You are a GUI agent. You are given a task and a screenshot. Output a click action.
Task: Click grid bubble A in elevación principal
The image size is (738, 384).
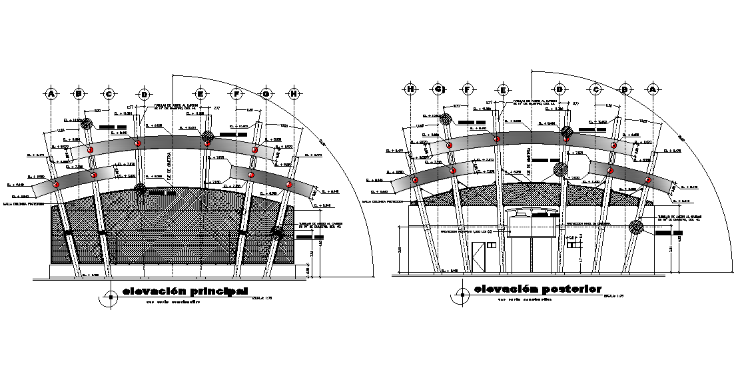51,94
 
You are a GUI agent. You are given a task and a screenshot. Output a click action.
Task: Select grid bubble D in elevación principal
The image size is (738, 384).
143,94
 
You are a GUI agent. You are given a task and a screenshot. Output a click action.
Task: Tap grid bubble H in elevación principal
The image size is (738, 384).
294,94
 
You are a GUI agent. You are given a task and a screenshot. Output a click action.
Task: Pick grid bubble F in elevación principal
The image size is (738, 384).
236,94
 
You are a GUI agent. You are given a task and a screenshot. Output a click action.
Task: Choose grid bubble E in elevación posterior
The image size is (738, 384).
504,89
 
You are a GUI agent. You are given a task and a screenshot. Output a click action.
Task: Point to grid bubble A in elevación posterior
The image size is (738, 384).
652,89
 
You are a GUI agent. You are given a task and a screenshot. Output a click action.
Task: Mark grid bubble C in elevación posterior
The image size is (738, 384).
596,89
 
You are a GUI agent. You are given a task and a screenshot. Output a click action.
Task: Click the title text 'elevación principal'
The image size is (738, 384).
184,291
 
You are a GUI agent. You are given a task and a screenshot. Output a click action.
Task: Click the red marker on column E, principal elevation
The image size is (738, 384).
207,143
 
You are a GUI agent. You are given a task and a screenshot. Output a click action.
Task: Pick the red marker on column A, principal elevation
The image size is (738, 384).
56,184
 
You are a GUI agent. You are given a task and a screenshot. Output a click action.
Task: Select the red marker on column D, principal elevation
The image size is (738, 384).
138,143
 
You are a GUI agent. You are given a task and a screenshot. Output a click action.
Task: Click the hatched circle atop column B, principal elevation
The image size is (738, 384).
86,123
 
